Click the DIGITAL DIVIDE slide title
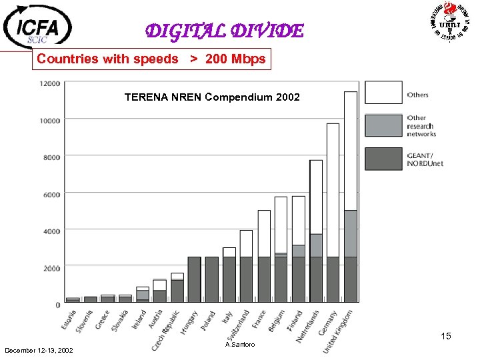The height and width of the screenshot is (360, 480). (x=224, y=31)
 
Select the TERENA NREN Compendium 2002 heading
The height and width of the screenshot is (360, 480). (x=212, y=97)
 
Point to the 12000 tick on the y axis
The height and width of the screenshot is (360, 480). (x=50, y=83)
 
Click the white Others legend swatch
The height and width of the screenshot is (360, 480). (x=383, y=93)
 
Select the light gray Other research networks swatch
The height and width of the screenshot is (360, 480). (x=383, y=125)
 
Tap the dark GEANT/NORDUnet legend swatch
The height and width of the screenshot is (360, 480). (x=383, y=159)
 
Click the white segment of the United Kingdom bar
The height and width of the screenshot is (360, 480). (x=350, y=151)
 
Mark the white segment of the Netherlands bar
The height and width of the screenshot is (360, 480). (x=315, y=197)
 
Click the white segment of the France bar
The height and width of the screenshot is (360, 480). (x=264, y=233)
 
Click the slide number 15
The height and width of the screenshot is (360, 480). (x=445, y=337)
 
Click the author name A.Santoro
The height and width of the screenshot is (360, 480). (x=240, y=345)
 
